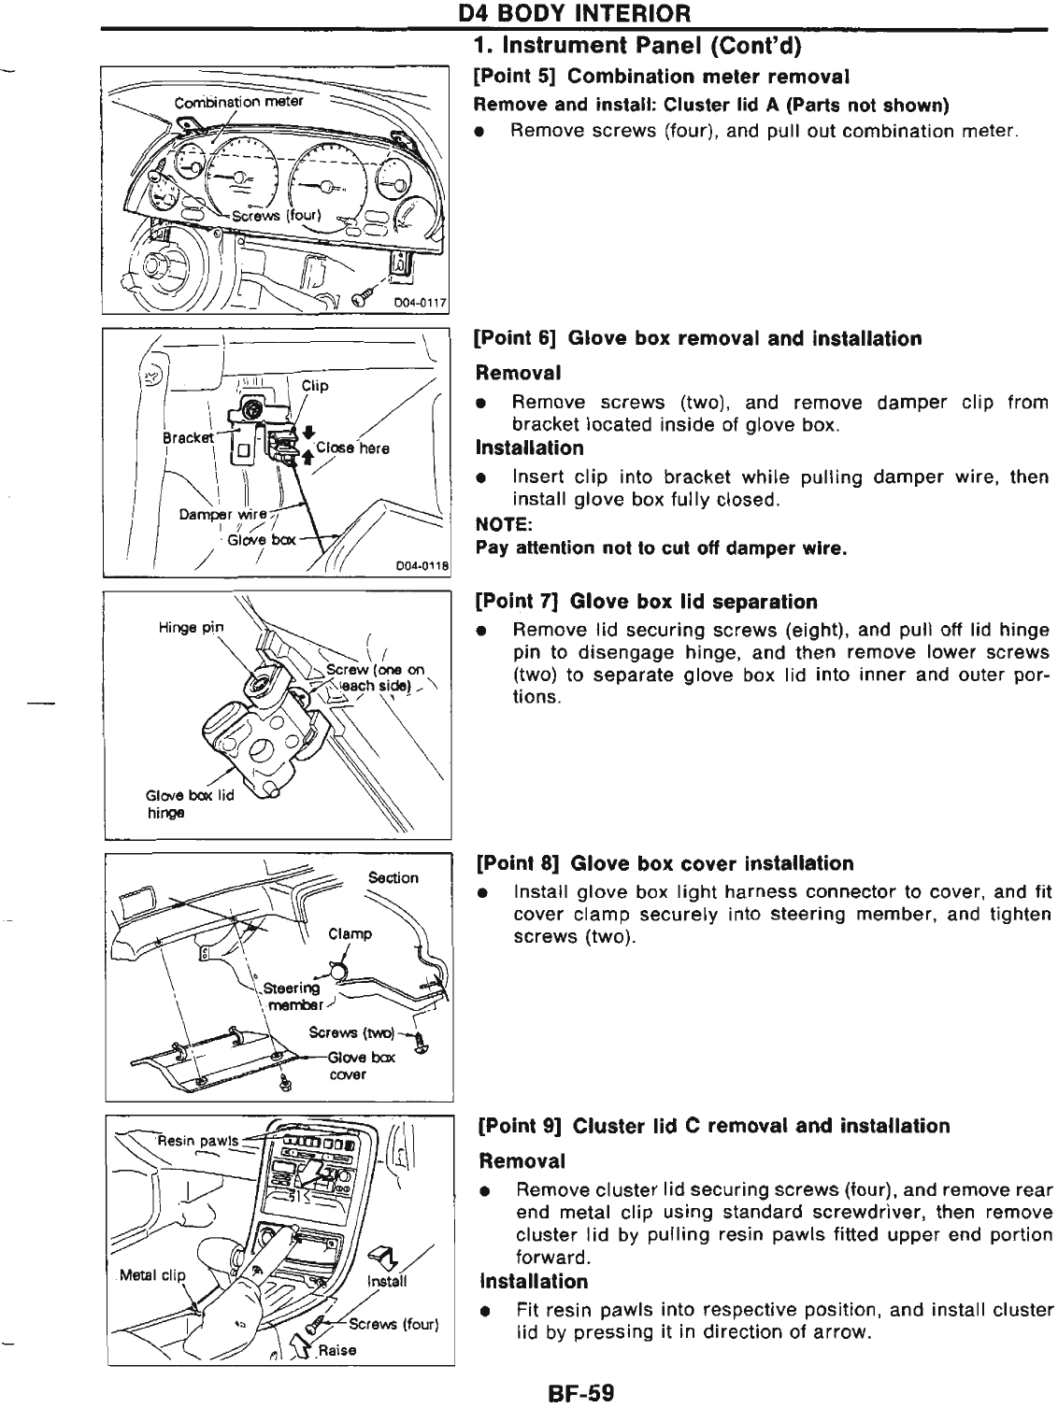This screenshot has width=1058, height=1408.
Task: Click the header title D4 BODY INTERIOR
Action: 573,14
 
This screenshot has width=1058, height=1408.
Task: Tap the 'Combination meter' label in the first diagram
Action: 239,101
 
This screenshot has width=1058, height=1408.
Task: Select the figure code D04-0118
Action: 422,565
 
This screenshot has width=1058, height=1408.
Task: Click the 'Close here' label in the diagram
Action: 352,448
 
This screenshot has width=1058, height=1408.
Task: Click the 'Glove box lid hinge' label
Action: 188,804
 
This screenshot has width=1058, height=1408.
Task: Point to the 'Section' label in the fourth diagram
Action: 393,877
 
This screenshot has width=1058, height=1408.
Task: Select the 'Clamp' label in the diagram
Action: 350,933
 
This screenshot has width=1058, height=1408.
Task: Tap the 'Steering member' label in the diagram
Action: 293,996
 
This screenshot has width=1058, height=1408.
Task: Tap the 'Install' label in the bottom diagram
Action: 388,1282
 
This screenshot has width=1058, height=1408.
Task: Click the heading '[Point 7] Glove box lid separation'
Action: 647,601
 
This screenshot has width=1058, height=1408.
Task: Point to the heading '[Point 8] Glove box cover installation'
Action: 665,863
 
